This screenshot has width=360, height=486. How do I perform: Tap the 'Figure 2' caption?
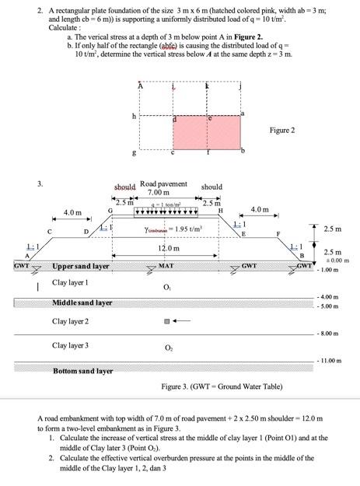click(x=282, y=130)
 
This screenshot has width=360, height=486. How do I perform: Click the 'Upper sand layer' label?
click(x=80, y=266)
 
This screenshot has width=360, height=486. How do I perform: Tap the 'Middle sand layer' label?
click(x=82, y=302)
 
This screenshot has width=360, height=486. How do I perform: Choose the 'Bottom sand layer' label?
click(x=82, y=371)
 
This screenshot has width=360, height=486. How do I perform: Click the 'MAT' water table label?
click(x=166, y=266)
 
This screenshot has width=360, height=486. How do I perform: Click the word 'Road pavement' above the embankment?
click(x=163, y=184)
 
